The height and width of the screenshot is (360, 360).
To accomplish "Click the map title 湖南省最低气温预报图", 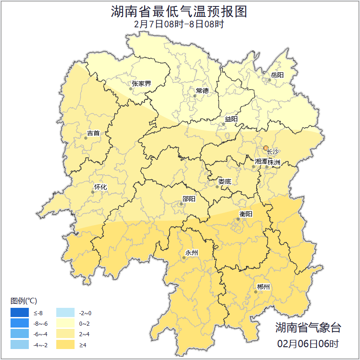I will click(x=179, y=11).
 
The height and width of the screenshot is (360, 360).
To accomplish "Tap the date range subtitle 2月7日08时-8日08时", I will click(x=179, y=24).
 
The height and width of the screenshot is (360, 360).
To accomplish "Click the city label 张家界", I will click(x=141, y=83).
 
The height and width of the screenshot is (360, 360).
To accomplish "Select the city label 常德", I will click(x=202, y=90).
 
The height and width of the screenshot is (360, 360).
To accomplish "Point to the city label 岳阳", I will click(x=277, y=75).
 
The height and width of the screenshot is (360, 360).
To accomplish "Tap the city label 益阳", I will click(x=231, y=119).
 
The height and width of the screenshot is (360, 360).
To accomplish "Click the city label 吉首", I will click(x=93, y=133).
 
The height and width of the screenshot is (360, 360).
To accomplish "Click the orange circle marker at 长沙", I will click(x=266, y=148).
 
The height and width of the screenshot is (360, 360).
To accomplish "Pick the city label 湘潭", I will click(x=261, y=162).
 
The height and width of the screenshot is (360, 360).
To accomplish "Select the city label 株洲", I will click(x=274, y=162).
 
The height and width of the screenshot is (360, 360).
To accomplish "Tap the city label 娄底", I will click(x=225, y=181).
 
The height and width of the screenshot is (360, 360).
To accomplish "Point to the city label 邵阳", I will click(x=188, y=199).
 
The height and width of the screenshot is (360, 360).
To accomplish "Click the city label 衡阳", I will click(x=246, y=214).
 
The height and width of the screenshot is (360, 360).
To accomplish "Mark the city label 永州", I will click(x=191, y=253).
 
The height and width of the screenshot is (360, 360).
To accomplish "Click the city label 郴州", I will click(x=263, y=287).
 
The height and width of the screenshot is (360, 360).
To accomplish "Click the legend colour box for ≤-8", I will click(x=20, y=313).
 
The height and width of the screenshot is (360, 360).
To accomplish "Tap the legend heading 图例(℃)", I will click(x=24, y=301).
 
